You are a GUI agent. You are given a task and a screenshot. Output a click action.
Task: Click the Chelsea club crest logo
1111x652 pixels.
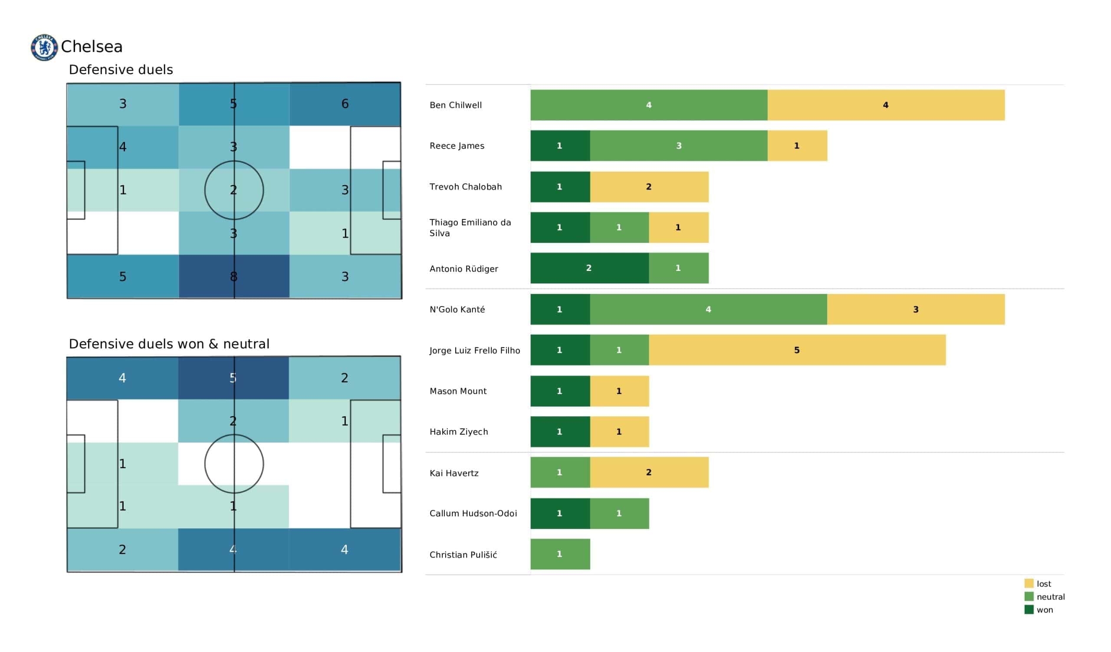click(44, 47)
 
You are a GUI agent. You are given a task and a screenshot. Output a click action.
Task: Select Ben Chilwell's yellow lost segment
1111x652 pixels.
click(886, 105)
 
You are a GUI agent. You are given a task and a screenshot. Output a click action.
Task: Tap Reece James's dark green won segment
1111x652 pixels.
click(560, 145)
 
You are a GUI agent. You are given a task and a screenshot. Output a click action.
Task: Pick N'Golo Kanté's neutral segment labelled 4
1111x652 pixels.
click(709, 309)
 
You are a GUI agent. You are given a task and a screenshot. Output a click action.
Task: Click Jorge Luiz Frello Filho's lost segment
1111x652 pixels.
click(797, 350)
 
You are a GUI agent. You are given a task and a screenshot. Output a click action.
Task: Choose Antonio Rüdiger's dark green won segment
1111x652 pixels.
click(589, 268)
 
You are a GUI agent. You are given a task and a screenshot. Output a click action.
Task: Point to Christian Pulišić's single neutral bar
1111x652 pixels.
click(560, 554)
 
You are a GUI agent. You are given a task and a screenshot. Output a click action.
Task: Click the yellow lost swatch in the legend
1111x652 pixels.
click(1029, 583)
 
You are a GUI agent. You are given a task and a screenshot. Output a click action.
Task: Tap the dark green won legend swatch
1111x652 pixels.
click(1029, 609)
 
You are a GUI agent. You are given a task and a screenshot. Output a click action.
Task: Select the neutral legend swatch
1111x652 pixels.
click(1029, 597)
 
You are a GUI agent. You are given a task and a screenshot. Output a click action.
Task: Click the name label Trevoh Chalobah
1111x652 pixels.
click(466, 187)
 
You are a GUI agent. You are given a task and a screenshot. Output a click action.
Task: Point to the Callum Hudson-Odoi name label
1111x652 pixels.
click(473, 513)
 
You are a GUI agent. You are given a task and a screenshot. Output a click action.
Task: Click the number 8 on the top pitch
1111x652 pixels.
click(233, 277)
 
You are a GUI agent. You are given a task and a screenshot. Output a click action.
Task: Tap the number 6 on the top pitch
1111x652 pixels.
click(345, 104)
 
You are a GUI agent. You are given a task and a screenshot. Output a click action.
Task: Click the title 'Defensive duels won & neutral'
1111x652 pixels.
click(169, 344)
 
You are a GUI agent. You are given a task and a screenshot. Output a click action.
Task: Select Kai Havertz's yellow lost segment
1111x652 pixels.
click(649, 472)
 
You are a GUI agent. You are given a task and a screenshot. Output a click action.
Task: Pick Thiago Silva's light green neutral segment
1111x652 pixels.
click(619, 227)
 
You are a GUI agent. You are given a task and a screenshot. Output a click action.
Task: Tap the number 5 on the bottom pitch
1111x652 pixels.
click(233, 378)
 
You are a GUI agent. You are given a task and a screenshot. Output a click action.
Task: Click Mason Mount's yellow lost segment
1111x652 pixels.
click(619, 391)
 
